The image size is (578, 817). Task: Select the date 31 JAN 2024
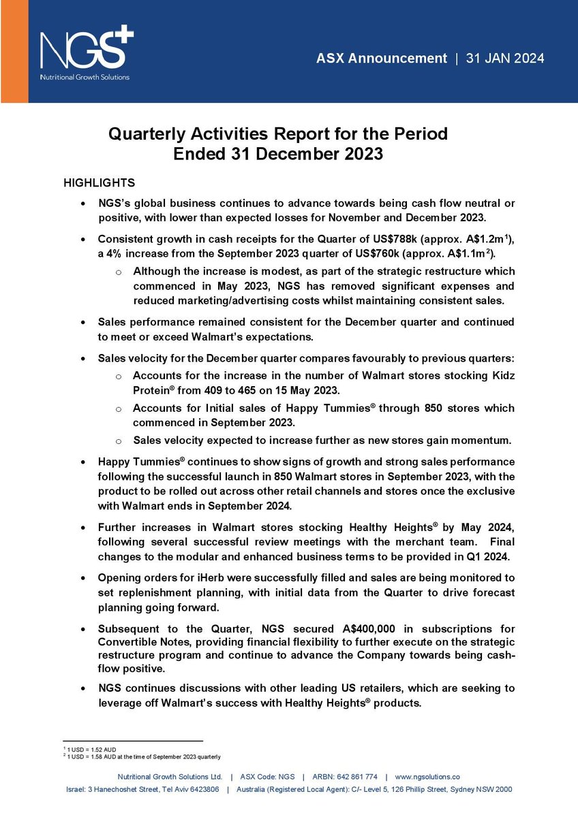[x=505, y=59]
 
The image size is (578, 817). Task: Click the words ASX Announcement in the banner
[x=382, y=59]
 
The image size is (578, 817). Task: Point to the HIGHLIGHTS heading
[x=99, y=183]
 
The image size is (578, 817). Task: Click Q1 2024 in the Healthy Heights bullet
[x=494, y=556]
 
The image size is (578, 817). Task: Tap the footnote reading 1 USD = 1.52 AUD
[x=93, y=750]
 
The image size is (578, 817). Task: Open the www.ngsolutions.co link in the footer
[x=427, y=777]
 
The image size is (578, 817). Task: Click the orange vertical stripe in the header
[x=13, y=51]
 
